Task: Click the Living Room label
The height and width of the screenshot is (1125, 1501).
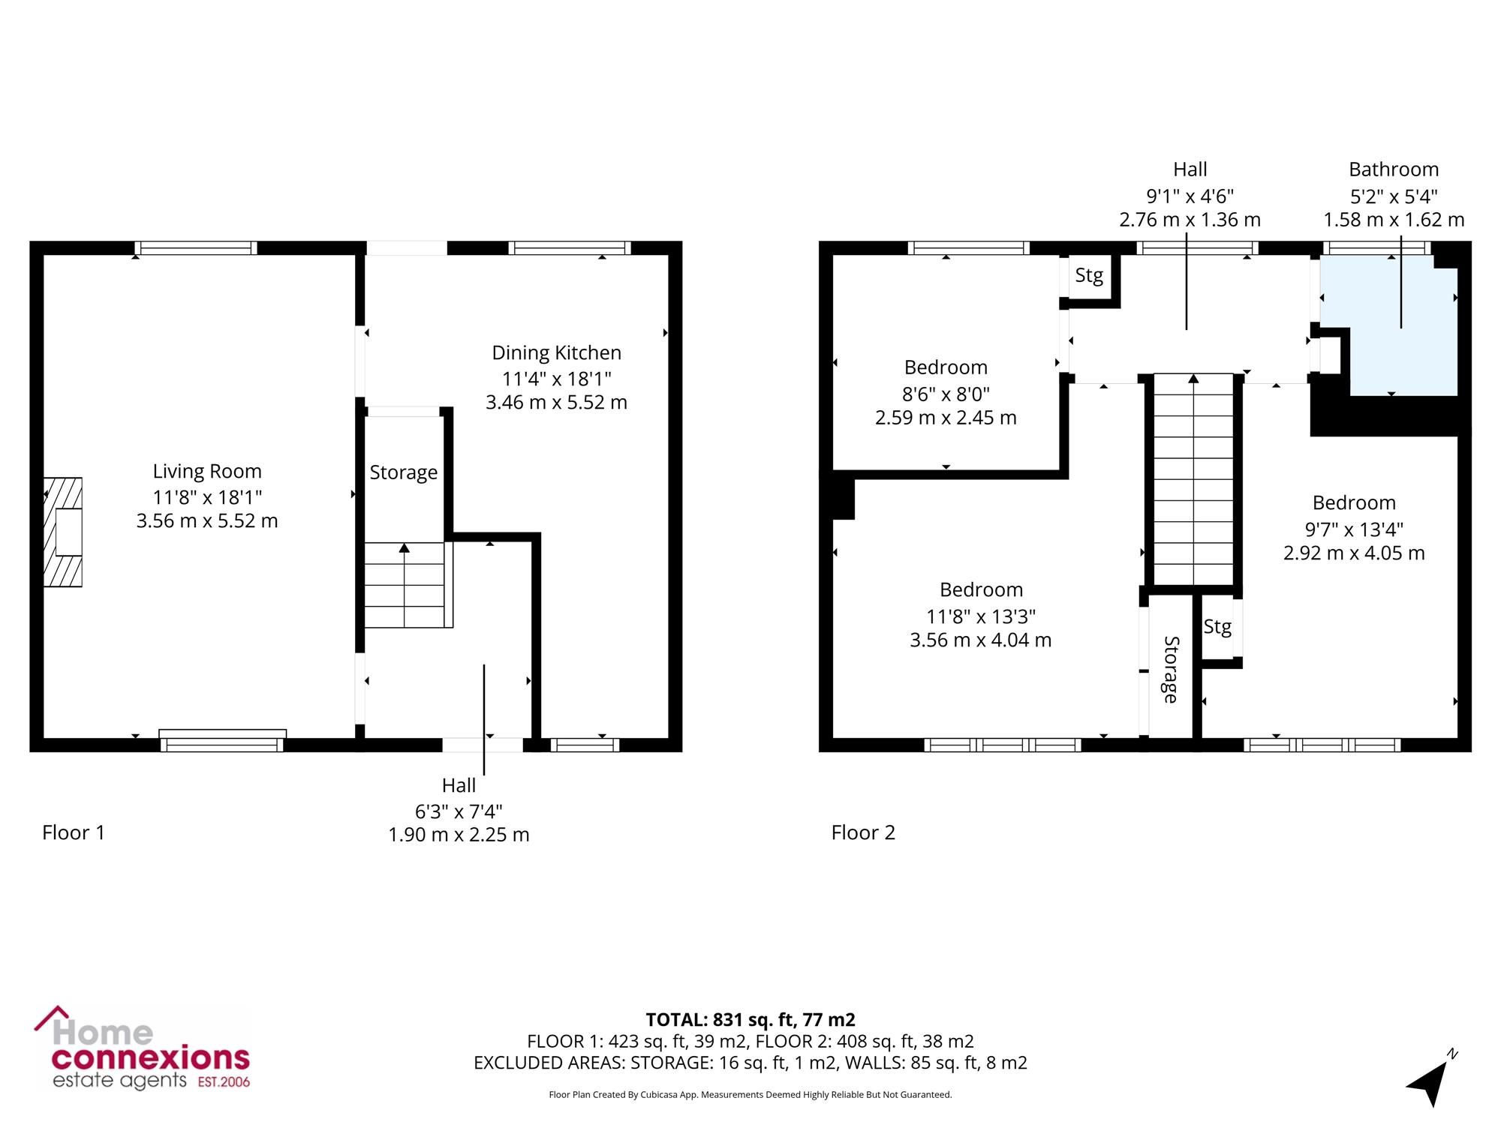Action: [x=207, y=471]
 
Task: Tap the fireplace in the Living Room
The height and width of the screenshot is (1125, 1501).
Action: [x=63, y=532]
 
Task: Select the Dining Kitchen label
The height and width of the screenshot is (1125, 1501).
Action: [x=556, y=352]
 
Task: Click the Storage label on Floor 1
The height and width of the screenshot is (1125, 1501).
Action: [x=403, y=472]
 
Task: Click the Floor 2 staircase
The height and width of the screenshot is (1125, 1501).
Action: [x=1193, y=479]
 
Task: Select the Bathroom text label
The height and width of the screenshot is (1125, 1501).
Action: [x=1394, y=169]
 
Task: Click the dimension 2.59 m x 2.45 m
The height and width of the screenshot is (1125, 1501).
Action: [x=946, y=418]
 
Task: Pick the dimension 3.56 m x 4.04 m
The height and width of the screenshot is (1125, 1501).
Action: [x=980, y=640]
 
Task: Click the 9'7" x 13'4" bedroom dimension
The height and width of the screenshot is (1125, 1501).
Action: [x=1354, y=529]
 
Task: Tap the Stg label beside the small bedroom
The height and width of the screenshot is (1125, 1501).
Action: [x=1089, y=276]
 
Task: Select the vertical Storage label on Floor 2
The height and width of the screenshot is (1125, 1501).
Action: [x=1171, y=670]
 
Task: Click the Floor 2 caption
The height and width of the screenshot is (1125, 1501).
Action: [x=863, y=832]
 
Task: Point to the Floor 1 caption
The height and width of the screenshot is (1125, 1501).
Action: [x=74, y=832]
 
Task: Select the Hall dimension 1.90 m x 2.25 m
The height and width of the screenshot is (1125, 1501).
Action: [x=459, y=835]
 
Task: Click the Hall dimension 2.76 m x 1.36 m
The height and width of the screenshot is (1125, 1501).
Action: [x=1190, y=220]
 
